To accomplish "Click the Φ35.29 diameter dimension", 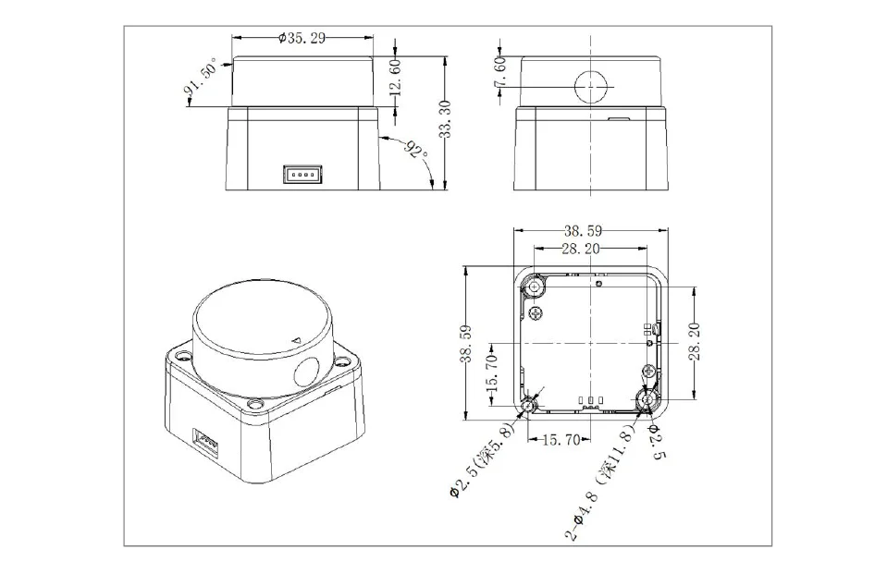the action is click(x=302, y=38).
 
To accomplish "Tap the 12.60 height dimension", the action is click(x=395, y=77).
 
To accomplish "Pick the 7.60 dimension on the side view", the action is click(x=499, y=71).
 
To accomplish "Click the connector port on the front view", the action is click(x=302, y=174).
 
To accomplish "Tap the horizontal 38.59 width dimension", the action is click(x=583, y=230).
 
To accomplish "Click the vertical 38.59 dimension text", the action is click(x=466, y=344).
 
